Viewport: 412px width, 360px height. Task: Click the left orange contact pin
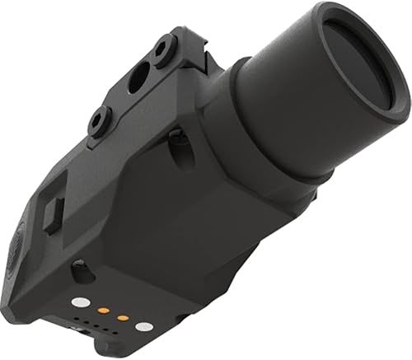[x=104, y=311]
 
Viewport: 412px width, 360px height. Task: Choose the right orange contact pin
[x=122, y=317]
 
